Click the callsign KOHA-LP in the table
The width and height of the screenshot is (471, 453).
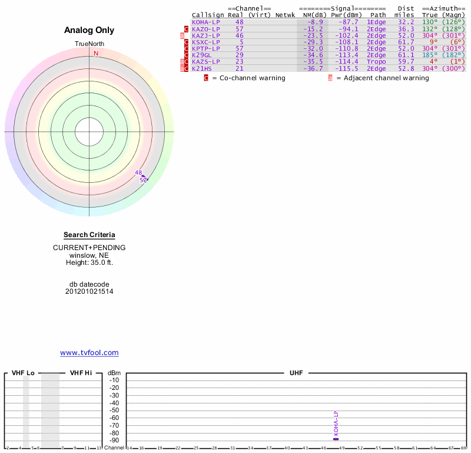point(206,22)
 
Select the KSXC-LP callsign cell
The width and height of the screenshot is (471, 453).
point(206,42)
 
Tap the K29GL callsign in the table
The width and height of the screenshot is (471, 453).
point(202,55)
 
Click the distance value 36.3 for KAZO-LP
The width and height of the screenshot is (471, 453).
point(406,28)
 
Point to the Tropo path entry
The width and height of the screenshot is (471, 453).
point(376,61)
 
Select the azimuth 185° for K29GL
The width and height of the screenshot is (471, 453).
point(430,55)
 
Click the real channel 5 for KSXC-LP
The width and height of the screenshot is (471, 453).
point(240,42)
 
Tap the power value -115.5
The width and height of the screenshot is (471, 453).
point(346,68)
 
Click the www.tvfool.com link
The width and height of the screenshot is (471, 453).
point(89,353)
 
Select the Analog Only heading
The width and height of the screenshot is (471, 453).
point(89,31)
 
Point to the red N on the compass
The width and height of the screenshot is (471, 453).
point(96,54)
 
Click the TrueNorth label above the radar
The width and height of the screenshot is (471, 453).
point(89,44)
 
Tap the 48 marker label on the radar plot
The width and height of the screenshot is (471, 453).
point(138,173)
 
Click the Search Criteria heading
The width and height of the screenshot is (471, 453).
point(89,235)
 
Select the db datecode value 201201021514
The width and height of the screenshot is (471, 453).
point(89,291)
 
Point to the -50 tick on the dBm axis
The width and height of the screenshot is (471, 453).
point(114,410)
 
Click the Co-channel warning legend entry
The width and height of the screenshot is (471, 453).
point(244,78)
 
